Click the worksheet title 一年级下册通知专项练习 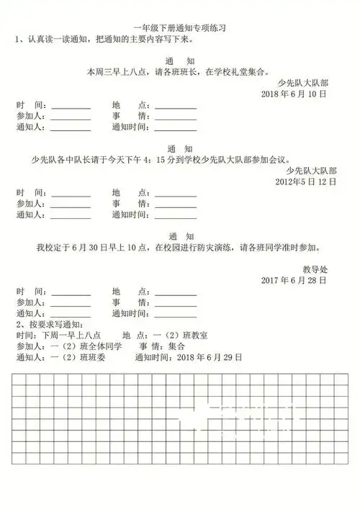[179, 27]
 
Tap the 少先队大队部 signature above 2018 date [312, 83]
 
